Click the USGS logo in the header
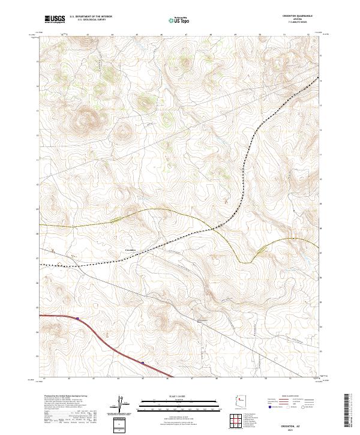pyautogui.click(x=55, y=20)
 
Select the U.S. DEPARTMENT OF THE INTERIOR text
pyautogui.click(x=91, y=17)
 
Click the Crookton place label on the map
pyautogui.click(x=130, y=249)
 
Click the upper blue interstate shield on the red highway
pyautogui.click(x=77, y=318)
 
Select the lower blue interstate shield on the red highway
pyautogui.click(x=142, y=362)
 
